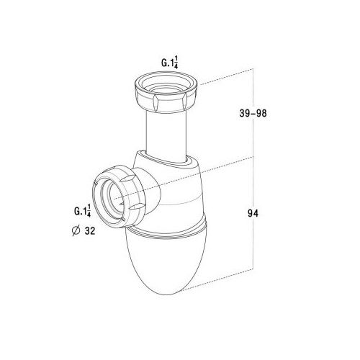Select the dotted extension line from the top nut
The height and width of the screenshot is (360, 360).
[x=227, y=74]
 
